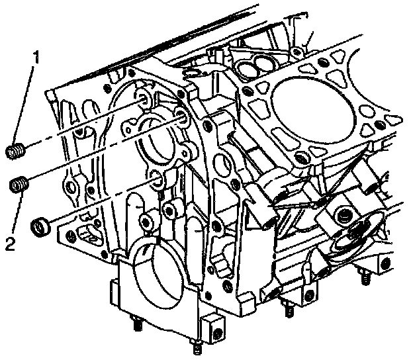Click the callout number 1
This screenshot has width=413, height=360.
37,58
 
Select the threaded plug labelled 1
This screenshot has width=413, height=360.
15,151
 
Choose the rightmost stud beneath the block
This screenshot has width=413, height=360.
364,278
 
